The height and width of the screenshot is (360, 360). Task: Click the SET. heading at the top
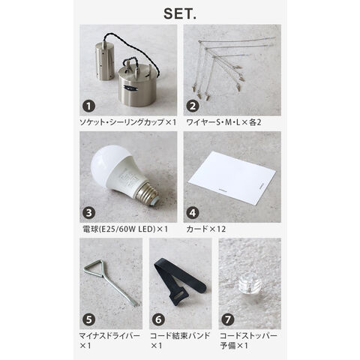[180, 14]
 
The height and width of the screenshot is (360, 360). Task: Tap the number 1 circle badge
[88, 106]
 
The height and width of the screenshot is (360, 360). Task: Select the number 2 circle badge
[193, 106]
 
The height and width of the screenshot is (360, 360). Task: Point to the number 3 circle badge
[88, 213]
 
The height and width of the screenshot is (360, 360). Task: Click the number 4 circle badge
[193, 213]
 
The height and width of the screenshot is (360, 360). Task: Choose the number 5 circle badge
[88, 319]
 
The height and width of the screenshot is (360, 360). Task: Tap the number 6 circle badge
[158, 319]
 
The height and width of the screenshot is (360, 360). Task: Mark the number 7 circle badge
[228, 319]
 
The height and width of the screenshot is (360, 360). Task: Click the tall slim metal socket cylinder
[105, 61]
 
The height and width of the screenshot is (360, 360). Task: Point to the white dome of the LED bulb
[106, 162]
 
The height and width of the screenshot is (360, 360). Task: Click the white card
[232, 178]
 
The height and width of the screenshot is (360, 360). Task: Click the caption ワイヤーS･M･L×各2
[223, 122]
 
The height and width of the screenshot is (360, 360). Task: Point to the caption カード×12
[206, 229]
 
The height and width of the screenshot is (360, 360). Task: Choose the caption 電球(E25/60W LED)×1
[125, 229]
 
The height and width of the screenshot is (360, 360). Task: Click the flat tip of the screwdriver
[136, 304]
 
